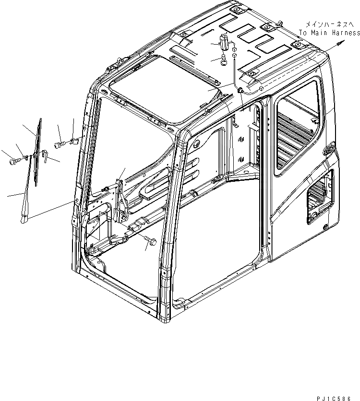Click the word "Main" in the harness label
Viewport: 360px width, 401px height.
click(x=319, y=33)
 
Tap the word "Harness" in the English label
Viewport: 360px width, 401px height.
click(x=345, y=33)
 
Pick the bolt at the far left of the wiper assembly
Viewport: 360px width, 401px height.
click(x=13, y=162)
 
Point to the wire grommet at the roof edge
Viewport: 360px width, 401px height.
click(x=240, y=90)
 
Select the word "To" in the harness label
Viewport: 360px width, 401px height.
click(x=303, y=33)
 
